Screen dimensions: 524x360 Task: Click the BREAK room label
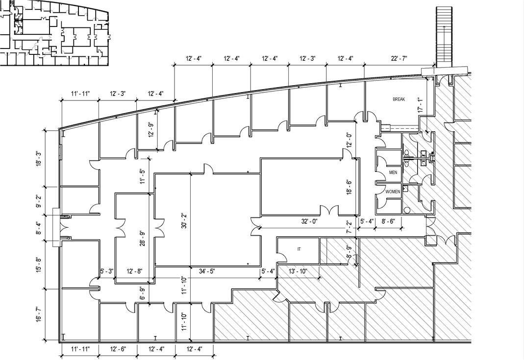click(x=399, y=99)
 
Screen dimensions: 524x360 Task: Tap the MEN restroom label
click(x=393, y=172)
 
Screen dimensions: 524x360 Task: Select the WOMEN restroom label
click(x=393, y=192)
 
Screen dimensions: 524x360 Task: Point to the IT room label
click(x=299, y=249)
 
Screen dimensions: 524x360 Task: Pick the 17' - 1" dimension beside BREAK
click(x=421, y=104)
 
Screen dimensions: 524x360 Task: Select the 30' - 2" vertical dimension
click(x=184, y=221)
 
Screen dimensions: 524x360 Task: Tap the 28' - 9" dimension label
click(x=143, y=239)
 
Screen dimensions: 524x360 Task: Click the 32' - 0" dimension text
click(x=309, y=221)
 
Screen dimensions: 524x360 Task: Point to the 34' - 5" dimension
click(x=207, y=271)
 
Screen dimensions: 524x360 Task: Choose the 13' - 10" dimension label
click(x=298, y=271)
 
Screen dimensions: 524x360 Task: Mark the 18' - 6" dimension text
click(x=349, y=187)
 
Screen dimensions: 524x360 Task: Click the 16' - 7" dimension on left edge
click(x=39, y=314)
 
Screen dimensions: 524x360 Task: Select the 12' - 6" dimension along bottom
click(x=118, y=349)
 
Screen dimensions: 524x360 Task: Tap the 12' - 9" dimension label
click(x=152, y=130)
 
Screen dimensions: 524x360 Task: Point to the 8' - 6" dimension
click(x=388, y=221)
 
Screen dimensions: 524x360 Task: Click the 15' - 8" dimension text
click(x=39, y=264)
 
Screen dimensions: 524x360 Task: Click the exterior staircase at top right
click(x=445, y=36)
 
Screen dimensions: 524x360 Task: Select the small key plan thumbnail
click(x=54, y=32)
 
